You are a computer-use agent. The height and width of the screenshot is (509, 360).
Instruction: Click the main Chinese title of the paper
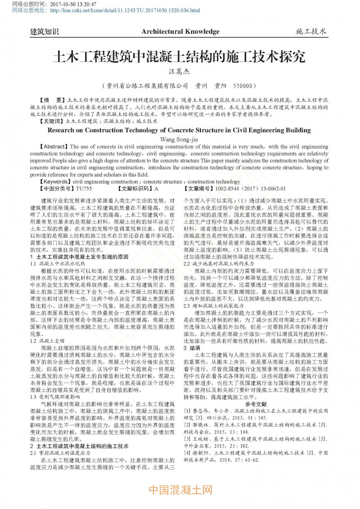coord(179,57)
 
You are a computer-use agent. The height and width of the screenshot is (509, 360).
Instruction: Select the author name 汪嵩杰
coord(179,71)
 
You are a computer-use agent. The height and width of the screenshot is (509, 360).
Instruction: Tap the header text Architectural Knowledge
coord(180,32)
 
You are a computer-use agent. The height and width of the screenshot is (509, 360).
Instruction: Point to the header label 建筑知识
coord(44,32)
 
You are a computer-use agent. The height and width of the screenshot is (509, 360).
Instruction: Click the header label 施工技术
coord(311,32)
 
